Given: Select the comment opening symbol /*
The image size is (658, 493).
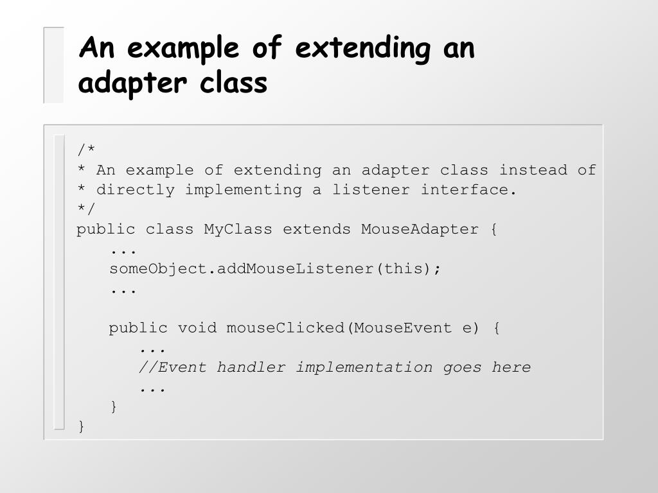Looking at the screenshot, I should coord(86,150).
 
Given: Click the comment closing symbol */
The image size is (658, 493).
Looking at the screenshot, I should coord(86,209).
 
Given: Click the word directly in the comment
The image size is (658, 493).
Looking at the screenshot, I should coord(135,190).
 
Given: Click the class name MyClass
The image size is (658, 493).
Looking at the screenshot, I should coord(238,229).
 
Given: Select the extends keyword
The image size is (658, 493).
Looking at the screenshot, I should coord(317,229).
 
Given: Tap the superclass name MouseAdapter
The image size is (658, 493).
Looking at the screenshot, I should coord(420,229).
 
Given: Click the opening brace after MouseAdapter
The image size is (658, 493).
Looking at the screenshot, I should coord(493,229).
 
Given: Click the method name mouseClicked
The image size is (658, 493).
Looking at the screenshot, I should coord(285,328).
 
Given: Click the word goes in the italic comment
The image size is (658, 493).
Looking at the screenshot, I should coord(462,368).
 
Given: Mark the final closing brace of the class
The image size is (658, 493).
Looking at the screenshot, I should coord(81,426).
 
